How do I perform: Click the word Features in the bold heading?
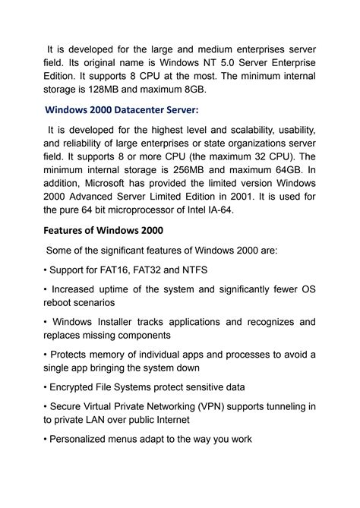(68, 230)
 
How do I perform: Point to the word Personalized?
(84, 439)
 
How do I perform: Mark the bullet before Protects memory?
(46, 354)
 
